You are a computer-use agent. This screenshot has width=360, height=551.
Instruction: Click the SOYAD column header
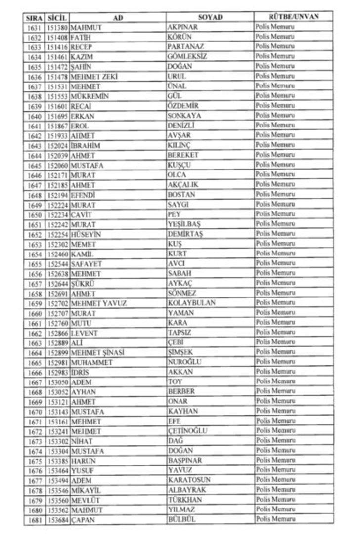click(x=210, y=17)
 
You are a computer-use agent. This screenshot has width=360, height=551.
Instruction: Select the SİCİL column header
click(x=58, y=17)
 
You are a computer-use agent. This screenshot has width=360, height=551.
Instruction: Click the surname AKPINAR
click(x=183, y=27)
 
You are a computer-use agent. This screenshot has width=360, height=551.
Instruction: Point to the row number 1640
click(x=34, y=116)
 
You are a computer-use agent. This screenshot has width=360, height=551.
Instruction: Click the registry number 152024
click(x=58, y=145)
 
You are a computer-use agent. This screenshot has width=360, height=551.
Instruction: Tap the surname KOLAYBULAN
click(x=191, y=303)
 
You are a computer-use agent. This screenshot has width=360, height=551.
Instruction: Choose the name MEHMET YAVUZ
click(x=98, y=303)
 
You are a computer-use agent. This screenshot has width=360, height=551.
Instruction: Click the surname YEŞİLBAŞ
click(x=184, y=224)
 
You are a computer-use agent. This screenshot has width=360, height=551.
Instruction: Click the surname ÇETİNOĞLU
click(x=187, y=431)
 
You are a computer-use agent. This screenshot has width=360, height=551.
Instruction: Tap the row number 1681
click(x=34, y=519)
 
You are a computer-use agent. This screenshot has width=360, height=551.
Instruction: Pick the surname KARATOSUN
click(x=189, y=480)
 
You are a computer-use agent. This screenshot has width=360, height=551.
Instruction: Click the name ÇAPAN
click(x=83, y=519)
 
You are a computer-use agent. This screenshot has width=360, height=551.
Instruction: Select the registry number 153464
click(x=58, y=470)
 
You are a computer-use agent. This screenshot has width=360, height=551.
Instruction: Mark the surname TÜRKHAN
click(x=185, y=500)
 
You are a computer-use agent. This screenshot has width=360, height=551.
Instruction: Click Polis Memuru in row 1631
click(x=275, y=27)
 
